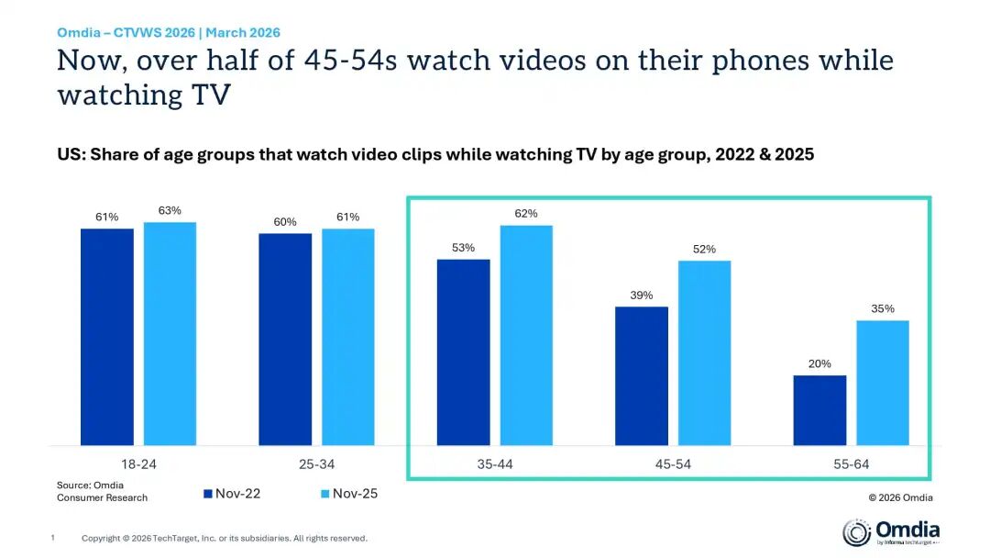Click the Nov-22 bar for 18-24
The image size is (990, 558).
106,337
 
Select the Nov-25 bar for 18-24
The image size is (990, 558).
170,334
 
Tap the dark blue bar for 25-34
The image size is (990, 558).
285,340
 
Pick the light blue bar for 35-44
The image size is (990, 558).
526,335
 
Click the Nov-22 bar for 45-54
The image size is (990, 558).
642,376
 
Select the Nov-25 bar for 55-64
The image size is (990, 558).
883,383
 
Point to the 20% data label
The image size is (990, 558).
819,364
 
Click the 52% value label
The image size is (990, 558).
704,249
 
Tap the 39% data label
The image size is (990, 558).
642,296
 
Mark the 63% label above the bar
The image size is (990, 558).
170,210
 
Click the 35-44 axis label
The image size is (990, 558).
495,464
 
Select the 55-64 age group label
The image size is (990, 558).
851,464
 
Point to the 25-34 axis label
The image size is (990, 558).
316,464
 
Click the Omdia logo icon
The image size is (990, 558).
857,532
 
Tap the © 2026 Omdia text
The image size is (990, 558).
900,497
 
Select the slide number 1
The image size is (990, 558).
53,538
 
